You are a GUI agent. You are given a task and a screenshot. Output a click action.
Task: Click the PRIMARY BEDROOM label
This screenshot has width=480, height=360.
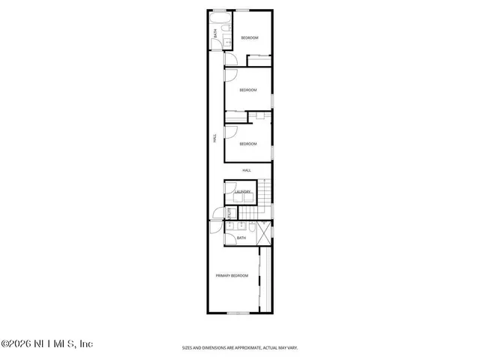[x=232, y=276]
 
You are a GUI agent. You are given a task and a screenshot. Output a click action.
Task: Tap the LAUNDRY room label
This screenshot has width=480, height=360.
[x=242, y=192]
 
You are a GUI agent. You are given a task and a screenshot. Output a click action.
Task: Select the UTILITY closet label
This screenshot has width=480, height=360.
[x=219, y=213]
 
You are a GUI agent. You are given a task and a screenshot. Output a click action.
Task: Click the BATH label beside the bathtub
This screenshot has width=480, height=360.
[x=215, y=33]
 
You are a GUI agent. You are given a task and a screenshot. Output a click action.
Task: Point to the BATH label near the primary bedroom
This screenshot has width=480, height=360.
[x=241, y=238]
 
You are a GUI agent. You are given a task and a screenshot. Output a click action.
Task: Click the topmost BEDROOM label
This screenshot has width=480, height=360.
[x=250, y=38]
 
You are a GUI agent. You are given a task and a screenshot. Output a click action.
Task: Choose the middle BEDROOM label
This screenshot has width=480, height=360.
[x=248, y=90]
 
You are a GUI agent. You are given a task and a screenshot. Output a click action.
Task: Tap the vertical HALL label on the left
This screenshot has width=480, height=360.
[x=214, y=138]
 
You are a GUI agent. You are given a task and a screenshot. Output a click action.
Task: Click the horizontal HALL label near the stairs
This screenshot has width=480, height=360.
[x=246, y=171]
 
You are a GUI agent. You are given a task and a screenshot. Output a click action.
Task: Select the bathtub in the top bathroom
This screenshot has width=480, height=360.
[x=220, y=18]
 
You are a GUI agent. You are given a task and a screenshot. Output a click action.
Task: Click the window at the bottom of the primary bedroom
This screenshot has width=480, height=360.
[x=238, y=311]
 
